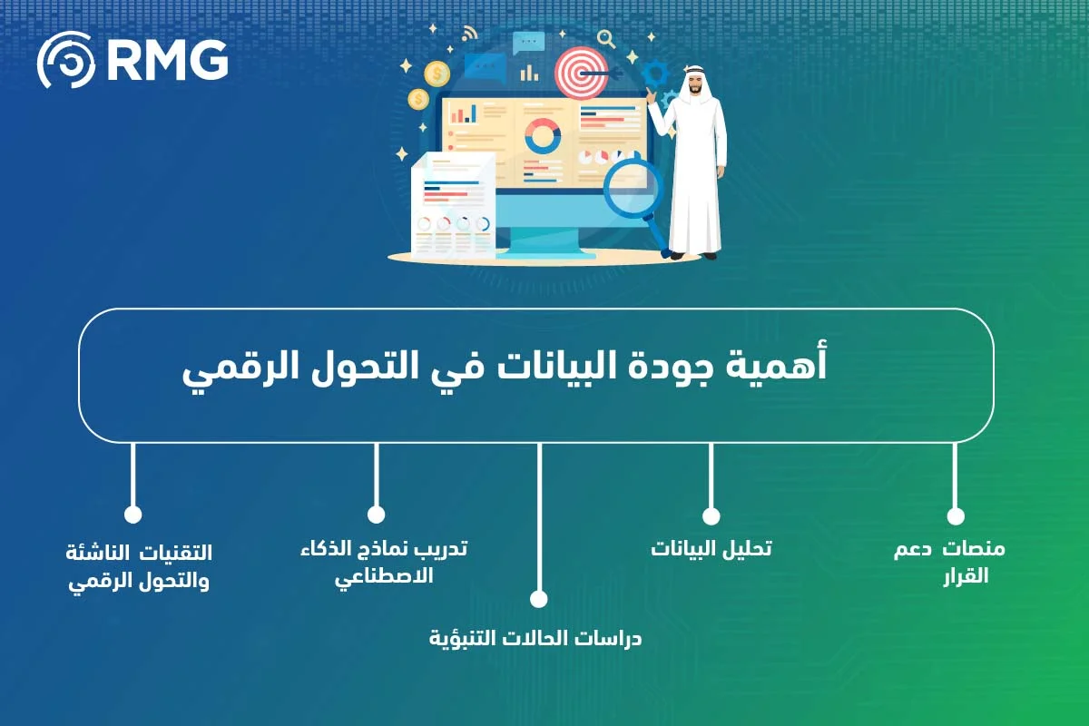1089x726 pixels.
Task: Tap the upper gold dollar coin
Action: pos(437,70)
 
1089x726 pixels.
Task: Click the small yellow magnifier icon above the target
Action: pos(606,38)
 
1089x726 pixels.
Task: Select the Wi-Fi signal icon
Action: pos(469,34)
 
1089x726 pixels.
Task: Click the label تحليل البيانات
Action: pos(711,548)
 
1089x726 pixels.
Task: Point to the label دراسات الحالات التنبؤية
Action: pos(535,638)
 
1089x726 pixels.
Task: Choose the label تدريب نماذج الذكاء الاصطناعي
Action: pos(384,562)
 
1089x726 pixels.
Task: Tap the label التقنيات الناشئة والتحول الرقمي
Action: pos(140,566)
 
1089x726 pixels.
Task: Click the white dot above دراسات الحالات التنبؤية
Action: pos(539,599)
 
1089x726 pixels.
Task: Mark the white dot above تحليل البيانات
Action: pos(711,516)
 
